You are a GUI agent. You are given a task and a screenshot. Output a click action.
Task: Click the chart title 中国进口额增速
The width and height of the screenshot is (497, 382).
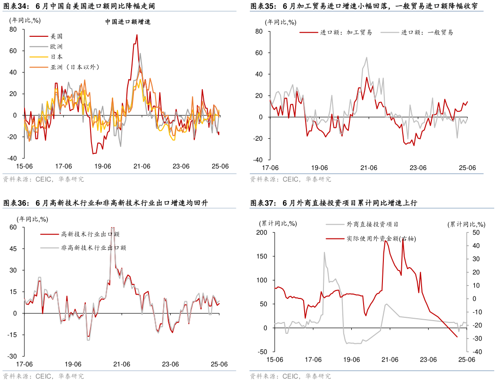128,22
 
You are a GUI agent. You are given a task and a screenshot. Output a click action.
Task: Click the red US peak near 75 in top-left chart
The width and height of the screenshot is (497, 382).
137,34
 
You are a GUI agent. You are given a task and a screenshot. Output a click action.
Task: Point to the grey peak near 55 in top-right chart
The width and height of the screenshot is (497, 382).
366,58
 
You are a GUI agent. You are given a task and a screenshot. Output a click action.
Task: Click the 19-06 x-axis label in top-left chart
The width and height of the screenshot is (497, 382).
102,166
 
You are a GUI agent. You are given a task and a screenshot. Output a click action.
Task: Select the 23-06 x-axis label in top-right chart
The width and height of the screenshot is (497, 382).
418,168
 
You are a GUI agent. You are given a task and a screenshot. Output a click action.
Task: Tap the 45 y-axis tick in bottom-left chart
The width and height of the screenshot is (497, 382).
12,248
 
